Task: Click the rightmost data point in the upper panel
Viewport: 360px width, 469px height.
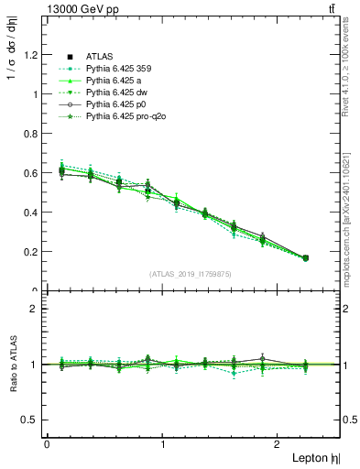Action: pos(305,258)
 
